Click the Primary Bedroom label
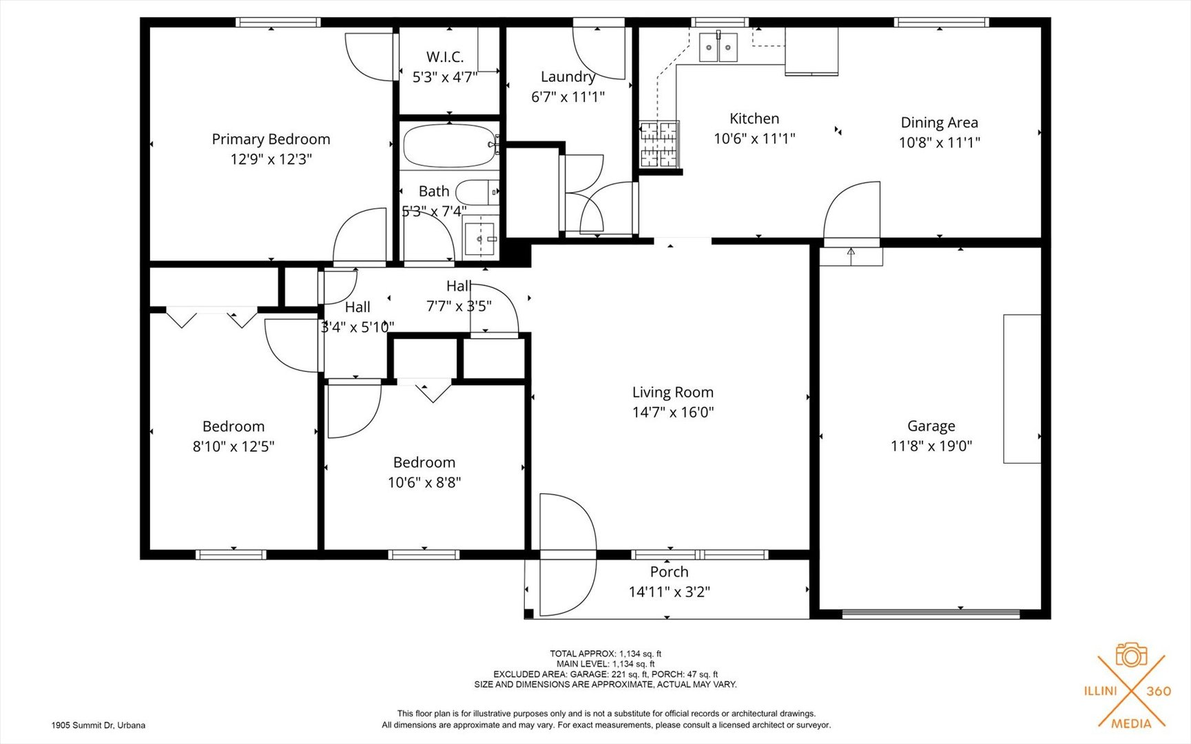click(x=271, y=139)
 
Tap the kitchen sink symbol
click(x=718, y=48)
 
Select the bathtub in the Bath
click(x=449, y=145)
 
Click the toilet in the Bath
click(x=475, y=192)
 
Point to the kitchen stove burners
click(x=659, y=145)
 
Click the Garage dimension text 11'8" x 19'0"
click(x=931, y=446)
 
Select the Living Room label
click(x=672, y=392)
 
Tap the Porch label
click(x=669, y=572)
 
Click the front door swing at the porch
click(x=566, y=555)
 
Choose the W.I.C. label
click(x=444, y=57)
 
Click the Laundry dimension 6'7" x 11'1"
click(x=568, y=97)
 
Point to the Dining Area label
click(x=939, y=123)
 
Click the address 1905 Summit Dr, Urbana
click(x=98, y=725)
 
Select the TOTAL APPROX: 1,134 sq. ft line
click(x=605, y=654)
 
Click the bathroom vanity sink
click(x=480, y=238)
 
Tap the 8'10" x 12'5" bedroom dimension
click(x=233, y=446)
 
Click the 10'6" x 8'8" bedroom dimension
click(x=424, y=482)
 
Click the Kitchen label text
click(x=754, y=118)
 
